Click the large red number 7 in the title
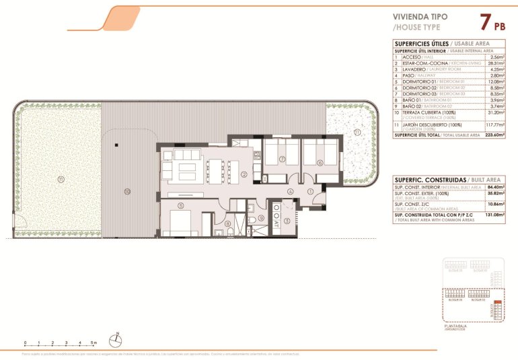click(x=484, y=22)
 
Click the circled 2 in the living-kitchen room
click(x=243, y=174)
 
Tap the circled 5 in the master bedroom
click(x=180, y=205)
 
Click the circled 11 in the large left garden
click(x=60, y=179)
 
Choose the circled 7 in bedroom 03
click(x=283, y=159)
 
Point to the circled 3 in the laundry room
click(x=287, y=220)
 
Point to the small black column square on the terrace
click(x=116, y=143)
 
